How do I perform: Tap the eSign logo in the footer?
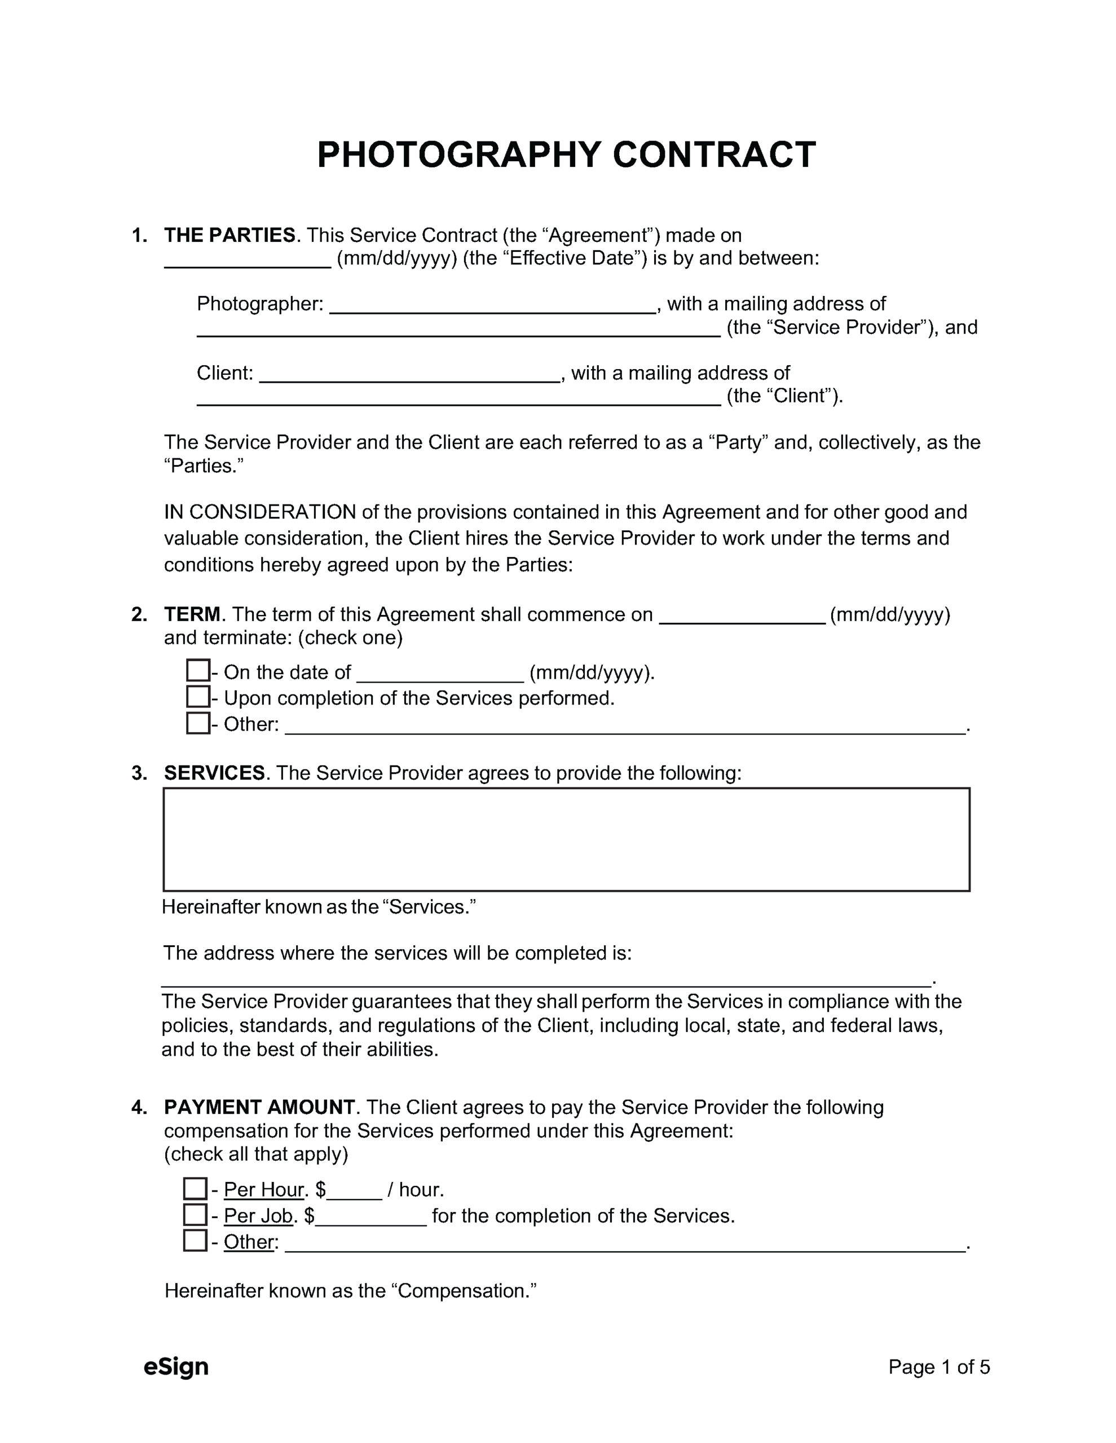pyautogui.click(x=176, y=1366)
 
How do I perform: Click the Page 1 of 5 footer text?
pyautogui.click(x=938, y=1366)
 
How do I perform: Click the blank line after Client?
pyautogui.click(x=410, y=375)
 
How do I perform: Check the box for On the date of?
pyautogui.click(x=198, y=671)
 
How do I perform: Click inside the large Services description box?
pyautogui.click(x=566, y=839)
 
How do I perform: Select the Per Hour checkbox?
pyautogui.click(x=195, y=1189)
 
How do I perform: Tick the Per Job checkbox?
pyautogui.click(x=195, y=1214)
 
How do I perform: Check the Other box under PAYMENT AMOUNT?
pyautogui.click(x=195, y=1241)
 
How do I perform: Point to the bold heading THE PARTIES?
pyautogui.click(x=230, y=235)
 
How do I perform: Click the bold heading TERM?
pyautogui.click(x=192, y=614)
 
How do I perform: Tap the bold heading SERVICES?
pyautogui.click(x=214, y=773)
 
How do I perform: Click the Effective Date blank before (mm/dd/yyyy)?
pyautogui.click(x=247, y=260)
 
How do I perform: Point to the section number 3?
pyautogui.click(x=138, y=773)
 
